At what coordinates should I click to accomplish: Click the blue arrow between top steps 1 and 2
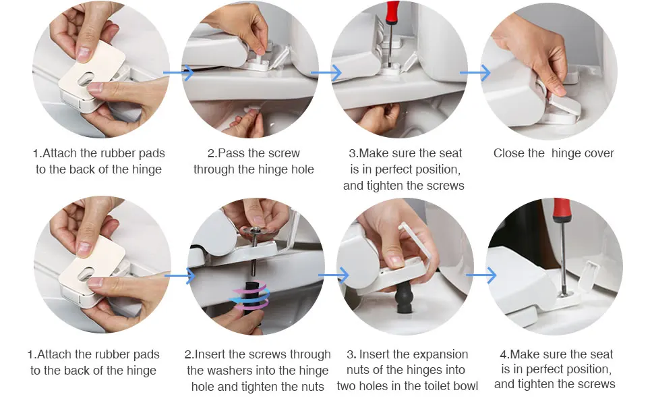(179, 73)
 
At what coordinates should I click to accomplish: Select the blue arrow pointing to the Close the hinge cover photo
(475, 73)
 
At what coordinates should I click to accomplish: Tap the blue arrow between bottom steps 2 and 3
(333, 275)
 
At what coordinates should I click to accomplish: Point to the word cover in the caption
(599, 153)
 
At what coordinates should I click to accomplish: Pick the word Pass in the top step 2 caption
(231, 153)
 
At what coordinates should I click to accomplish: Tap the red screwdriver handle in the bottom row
(562, 211)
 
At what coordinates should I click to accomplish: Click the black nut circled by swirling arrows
(251, 297)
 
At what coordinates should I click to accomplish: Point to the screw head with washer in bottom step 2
(254, 230)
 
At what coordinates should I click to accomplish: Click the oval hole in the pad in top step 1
(86, 79)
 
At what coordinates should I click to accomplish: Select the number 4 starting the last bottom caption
(503, 354)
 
